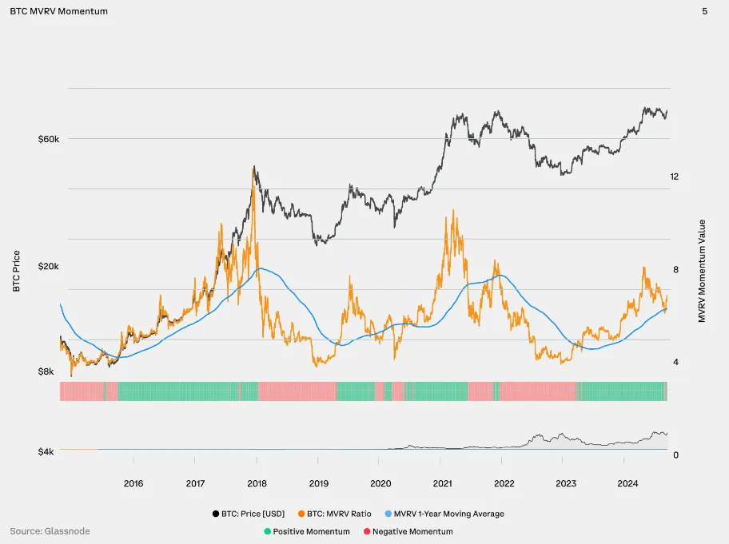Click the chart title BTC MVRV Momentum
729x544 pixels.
click(58, 11)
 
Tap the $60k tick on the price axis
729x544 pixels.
click(49, 139)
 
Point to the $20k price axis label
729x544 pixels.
click(49, 267)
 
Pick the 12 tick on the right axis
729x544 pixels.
click(675, 177)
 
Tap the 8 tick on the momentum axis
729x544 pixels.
click(675, 270)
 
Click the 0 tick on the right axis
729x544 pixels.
click(675, 455)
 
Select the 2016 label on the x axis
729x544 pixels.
click(133, 483)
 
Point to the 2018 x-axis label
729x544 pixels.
click(257, 483)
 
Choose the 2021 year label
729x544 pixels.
click(442, 483)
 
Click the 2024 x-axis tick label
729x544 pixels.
click(627, 483)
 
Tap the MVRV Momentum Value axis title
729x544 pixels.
click(702, 271)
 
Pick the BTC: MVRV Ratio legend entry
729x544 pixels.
click(339, 514)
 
